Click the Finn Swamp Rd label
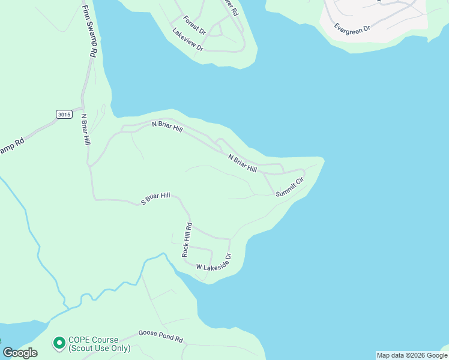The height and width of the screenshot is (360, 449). [x=88, y=29]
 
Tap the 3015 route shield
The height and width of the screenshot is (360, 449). [x=64, y=114]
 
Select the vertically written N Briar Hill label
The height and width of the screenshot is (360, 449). [x=86, y=130]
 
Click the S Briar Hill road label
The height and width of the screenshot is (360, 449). [x=155, y=199]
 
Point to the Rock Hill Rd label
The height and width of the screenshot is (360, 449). [x=187, y=241]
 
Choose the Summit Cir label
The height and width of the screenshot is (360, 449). [x=291, y=186]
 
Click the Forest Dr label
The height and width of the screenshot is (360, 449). [x=194, y=25]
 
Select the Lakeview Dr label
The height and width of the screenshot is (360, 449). [x=188, y=40]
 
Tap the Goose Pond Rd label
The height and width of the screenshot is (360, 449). [x=160, y=335]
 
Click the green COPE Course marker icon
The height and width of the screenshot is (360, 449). [x=59, y=343]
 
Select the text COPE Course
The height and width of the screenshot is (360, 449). [x=94, y=340]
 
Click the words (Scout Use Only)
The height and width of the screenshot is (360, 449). [x=99, y=348]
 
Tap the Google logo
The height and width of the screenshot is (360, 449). [x=20, y=353]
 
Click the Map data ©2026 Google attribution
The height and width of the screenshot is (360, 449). [x=412, y=355]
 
